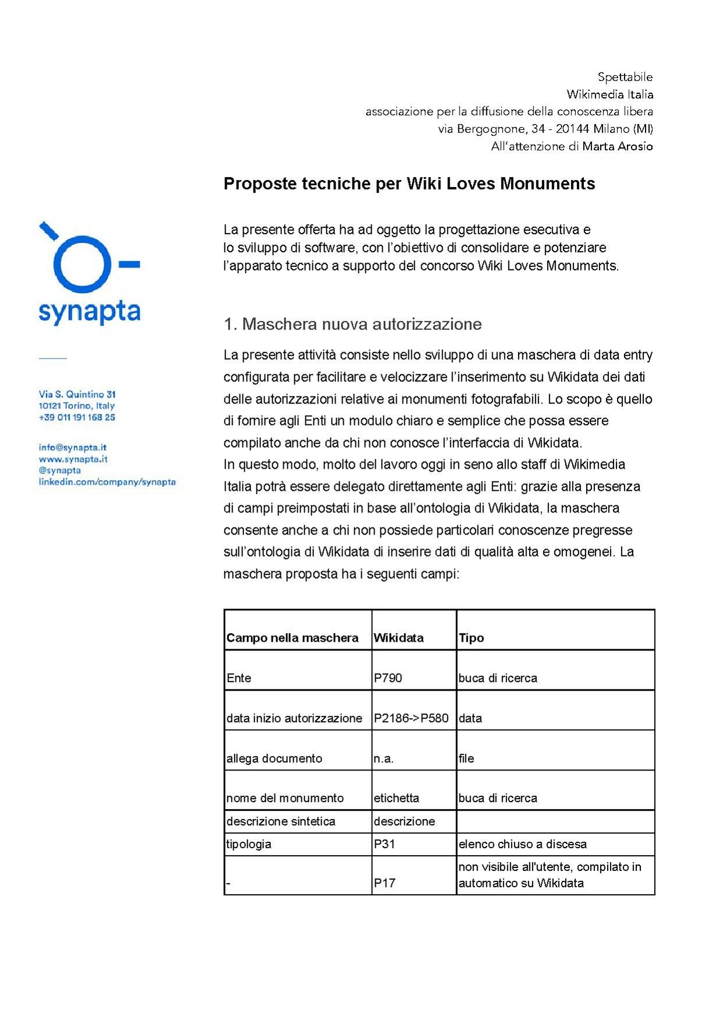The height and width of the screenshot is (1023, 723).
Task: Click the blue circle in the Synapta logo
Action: coord(82,265)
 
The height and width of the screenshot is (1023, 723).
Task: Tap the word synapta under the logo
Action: coord(89,312)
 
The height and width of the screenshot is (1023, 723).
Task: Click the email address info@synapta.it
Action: coord(73,448)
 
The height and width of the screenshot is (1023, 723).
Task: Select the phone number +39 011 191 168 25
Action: coord(77,417)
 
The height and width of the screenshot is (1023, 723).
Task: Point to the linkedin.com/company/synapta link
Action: coord(107,482)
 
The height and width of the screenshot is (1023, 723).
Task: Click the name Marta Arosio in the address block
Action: coord(618,146)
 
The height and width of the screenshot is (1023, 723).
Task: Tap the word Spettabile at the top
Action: coord(625,77)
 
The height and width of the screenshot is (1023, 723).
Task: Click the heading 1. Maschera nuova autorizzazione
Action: coord(352,324)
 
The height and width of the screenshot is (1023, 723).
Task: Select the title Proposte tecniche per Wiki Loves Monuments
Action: coord(409,184)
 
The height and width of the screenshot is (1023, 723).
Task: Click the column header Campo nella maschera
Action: coord(292,638)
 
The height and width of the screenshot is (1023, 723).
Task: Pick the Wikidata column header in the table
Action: coord(398,638)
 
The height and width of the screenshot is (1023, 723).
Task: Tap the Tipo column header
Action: coord(471,638)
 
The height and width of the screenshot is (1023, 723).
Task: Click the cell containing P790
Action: coord(388,678)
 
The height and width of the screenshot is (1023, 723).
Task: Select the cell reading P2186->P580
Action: coord(411,718)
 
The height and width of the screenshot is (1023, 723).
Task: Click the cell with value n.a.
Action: coord(384,758)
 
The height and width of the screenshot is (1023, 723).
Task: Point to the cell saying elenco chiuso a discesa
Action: coord(523,844)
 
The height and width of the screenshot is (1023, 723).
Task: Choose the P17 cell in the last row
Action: coord(385,883)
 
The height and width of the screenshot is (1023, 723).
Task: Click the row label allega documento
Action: coord(274,758)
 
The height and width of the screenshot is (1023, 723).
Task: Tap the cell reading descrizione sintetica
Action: coord(281,821)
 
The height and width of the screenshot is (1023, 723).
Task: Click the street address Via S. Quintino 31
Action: coord(77,395)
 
